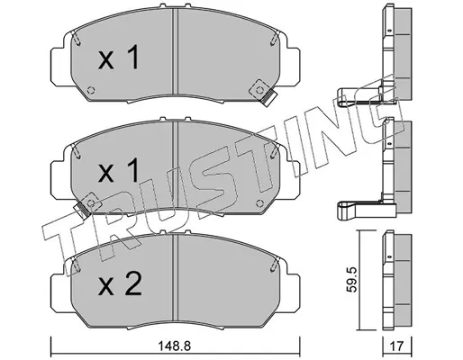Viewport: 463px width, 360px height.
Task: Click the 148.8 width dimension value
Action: pyautogui.click(x=174, y=346)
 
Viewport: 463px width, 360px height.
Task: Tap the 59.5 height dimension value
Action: pyautogui.click(x=350, y=280)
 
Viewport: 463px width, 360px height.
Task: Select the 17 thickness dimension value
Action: pyautogui.click(x=397, y=347)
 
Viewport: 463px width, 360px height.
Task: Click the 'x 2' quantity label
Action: pyautogui.click(x=120, y=284)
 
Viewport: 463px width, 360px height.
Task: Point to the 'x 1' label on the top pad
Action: pyautogui.click(x=119, y=58)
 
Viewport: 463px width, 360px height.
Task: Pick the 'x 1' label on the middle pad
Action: pyautogui.click(x=119, y=171)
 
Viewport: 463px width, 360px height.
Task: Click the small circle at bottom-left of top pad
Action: pyautogui.click(x=91, y=90)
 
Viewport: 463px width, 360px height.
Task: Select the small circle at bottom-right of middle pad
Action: pyautogui.click(x=259, y=203)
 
